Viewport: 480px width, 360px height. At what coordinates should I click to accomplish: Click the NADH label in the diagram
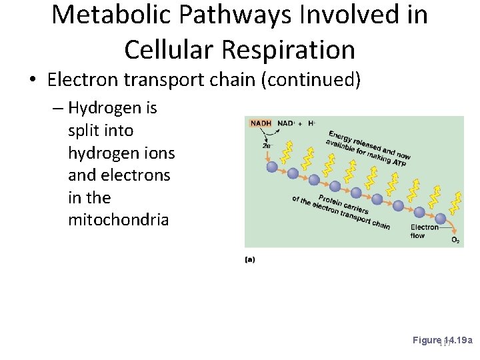(x=261, y=123)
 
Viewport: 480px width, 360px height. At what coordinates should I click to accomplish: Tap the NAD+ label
(x=285, y=123)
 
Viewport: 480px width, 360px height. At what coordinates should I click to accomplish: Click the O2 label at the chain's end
(x=455, y=240)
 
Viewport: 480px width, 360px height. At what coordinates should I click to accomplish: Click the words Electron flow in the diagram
(x=424, y=231)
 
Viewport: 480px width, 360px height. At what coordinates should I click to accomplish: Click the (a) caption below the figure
(x=249, y=259)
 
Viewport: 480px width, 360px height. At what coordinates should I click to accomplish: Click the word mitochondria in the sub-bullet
(x=118, y=220)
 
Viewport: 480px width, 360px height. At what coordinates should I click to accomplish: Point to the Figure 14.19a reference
(x=442, y=340)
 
